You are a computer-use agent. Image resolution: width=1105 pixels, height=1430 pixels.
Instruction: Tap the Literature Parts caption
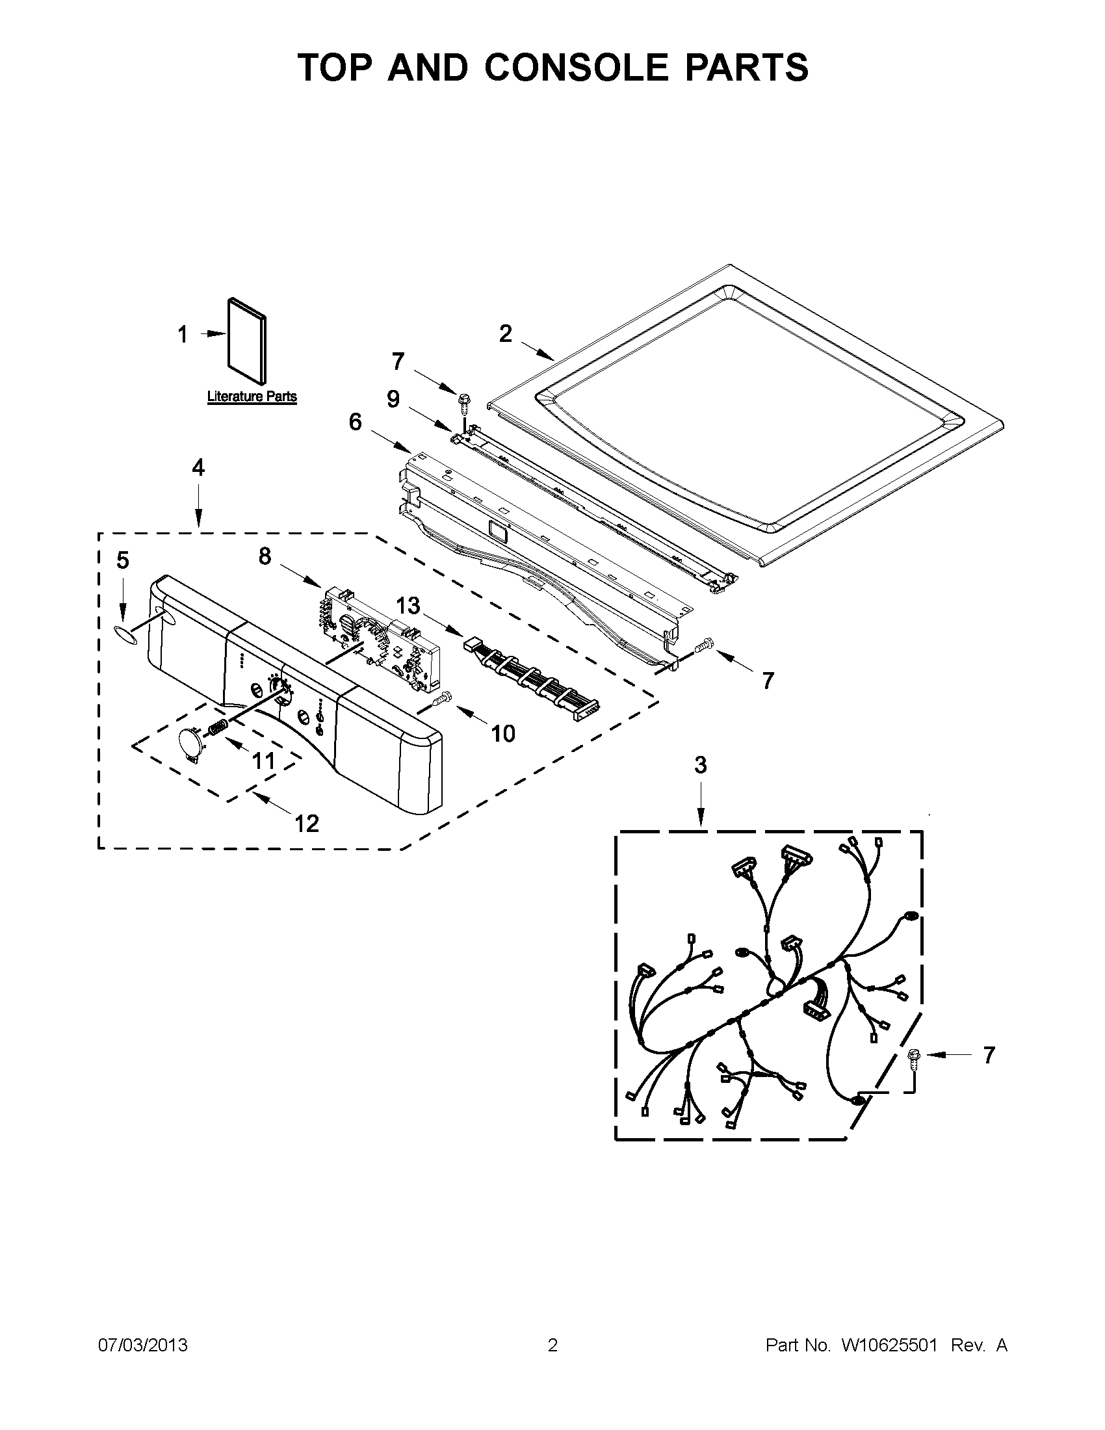252,396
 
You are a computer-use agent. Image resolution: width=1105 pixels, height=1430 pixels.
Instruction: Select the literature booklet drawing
248,341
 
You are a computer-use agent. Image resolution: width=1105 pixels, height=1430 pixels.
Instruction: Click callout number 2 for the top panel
505,334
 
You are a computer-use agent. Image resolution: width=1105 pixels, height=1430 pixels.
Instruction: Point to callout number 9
393,398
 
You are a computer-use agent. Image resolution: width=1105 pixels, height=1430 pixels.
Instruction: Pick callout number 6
355,422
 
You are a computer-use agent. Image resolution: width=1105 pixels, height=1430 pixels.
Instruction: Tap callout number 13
407,606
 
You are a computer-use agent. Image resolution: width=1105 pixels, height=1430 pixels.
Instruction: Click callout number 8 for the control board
265,556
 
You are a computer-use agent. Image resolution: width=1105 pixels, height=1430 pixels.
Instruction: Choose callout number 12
306,823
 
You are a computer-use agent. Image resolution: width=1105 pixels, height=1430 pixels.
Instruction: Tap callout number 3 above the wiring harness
701,764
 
